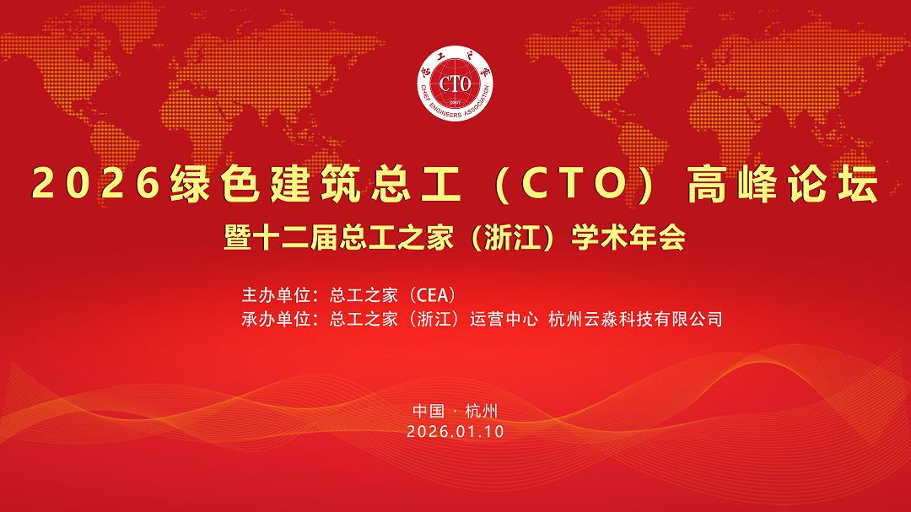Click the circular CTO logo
(455, 84)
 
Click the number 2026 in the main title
(96, 183)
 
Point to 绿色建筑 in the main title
(265, 184)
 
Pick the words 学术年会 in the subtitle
(628, 237)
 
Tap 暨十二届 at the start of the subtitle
(281, 237)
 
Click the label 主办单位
(276, 294)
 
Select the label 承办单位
(276, 319)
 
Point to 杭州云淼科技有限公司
(636, 319)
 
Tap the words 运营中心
(504, 319)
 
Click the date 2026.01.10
(455, 432)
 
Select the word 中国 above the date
(429, 411)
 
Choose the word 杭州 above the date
(482, 411)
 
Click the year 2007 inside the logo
(455, 103)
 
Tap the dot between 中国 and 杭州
(455, 412)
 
